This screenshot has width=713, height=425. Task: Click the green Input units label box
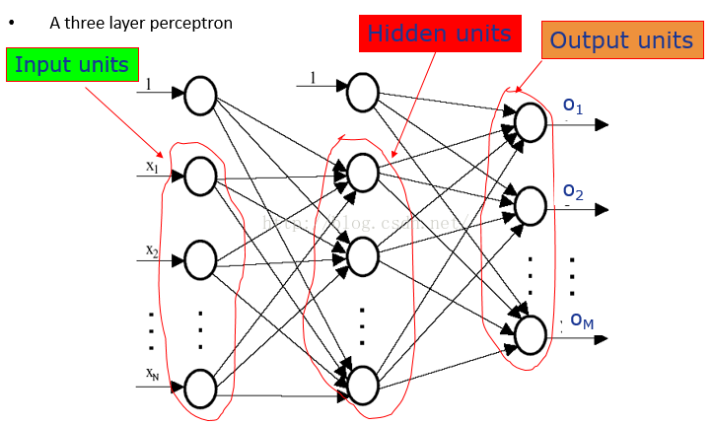pos(71,65)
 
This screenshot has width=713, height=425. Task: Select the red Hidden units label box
pos(439,35)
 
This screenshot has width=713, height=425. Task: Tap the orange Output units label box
pos(621,40)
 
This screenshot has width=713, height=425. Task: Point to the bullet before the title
pos(11,22)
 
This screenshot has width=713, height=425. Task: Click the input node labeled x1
pos(200,177)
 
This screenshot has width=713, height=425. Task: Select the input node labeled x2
pos(200,260)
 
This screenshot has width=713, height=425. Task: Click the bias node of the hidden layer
pos(362,93)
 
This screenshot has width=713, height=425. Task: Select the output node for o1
pos(530,123)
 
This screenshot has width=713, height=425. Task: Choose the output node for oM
pos(530,335)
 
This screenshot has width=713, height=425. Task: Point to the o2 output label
pos(573,190)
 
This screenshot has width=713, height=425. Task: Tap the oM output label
pos(582,319)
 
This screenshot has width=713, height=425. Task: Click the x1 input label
pos(152,167)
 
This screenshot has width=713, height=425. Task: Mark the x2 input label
pos(152,251)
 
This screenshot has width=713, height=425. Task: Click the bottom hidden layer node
pos(362,386)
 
